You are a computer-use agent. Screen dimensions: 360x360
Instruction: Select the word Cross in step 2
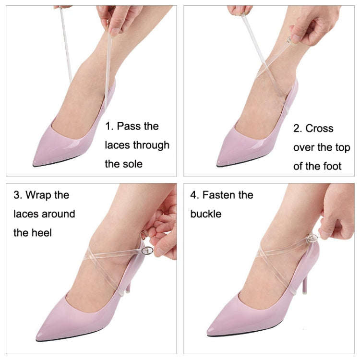pyautogui.click(x=319, y=129)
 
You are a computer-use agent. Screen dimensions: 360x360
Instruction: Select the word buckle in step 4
pyautogui.click(x=206, y=214)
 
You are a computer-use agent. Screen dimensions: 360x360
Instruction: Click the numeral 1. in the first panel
pyautogui.click(x=109, y=127)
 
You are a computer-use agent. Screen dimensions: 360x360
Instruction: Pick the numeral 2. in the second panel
pyautogui.click(x=298, y=129)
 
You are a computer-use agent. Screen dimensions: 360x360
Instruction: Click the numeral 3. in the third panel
pyautogui.click(x=18, y=195)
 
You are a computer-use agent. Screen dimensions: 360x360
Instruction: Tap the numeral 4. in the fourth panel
pyautogui.click(x=194, y=195)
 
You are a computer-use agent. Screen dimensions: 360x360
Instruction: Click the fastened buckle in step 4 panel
pyautogui.click(x=312, y=239)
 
